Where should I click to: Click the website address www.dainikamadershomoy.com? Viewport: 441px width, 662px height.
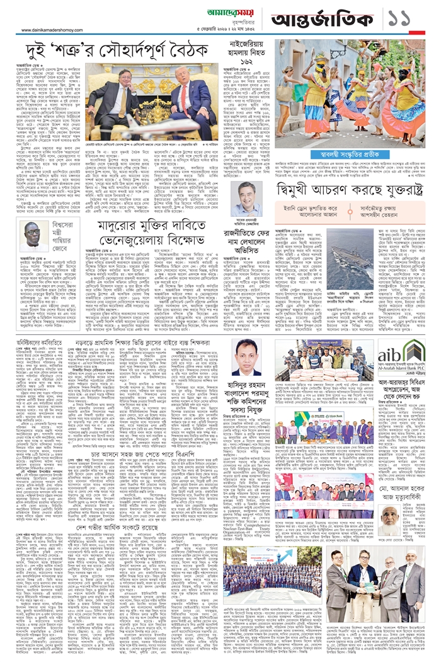coord(56,30)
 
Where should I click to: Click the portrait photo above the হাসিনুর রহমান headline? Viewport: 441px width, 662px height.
coord(251,357)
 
